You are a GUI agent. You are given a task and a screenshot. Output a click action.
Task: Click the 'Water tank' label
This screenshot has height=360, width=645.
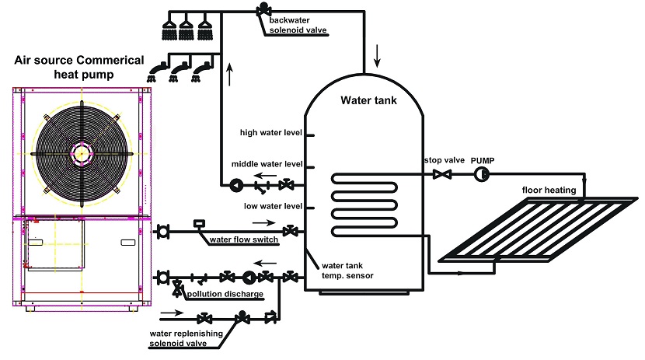(368, 100)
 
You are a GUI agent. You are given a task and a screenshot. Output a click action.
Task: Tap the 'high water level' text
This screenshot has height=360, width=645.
(271, 132)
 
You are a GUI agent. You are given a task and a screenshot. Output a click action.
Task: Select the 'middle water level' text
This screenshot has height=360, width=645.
(267, 164)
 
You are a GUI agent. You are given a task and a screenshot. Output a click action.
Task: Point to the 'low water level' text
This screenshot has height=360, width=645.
(273, 206)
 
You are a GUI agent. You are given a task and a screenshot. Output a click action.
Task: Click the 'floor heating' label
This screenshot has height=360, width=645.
(549, 190)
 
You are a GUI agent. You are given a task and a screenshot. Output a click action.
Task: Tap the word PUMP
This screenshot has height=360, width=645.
(483, 160)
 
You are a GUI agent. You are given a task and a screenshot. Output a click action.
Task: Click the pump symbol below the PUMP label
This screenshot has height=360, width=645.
(481, 174)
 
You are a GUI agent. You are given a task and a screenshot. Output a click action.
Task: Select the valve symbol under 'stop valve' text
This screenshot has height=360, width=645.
(442, 174)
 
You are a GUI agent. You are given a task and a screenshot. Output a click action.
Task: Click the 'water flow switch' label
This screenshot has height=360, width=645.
(244, 239)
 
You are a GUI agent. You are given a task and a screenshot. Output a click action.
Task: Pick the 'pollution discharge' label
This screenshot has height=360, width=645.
(225, 294)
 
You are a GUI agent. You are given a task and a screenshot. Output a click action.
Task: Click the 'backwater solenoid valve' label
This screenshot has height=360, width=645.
(298, 25)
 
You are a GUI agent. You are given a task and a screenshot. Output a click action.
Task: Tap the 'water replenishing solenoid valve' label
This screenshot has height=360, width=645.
(186, 338)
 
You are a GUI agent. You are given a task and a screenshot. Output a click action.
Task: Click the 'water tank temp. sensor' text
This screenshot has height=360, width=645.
(347, 271)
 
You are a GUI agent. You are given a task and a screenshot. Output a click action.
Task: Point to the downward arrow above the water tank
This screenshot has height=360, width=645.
(377, 56)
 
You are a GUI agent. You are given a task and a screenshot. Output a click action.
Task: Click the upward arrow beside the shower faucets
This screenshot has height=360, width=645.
(229, 74)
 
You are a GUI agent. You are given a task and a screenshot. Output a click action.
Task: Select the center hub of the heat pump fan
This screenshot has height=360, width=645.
(82, 154)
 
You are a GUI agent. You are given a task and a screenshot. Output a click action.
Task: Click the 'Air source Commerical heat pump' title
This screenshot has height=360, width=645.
(79, 67)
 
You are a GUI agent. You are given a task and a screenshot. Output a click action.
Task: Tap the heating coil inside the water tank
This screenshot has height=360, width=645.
(364, 205)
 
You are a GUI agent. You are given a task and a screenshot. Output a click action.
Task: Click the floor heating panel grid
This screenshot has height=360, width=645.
(538, 229)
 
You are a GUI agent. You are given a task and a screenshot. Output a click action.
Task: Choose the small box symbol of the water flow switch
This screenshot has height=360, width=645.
(199, 223)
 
